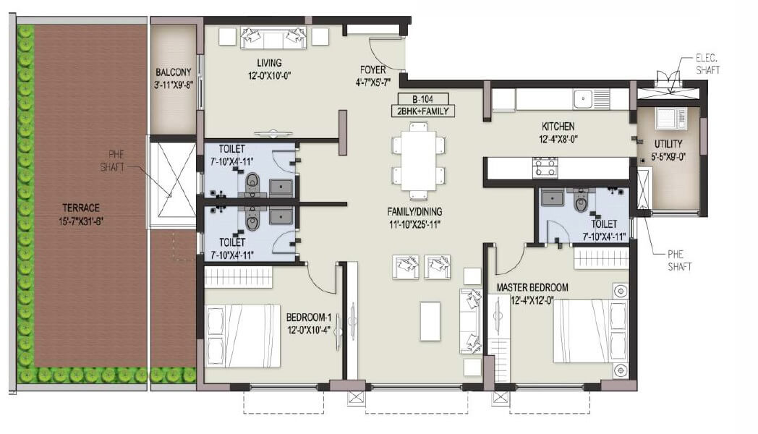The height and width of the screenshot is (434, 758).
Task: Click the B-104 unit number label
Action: (x=422, y=98)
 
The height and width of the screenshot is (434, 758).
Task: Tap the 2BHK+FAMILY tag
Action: (x=422, y=111)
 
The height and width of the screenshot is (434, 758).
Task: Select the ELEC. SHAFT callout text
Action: (x=707, y=64)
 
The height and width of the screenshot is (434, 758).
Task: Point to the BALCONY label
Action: (x=174, y=72)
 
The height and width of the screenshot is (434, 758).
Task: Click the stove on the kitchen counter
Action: (x=545, y=168)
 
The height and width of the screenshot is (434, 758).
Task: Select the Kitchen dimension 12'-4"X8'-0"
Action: (x=556, y=138)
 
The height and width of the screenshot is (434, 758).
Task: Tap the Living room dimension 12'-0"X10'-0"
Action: (x=268, y=75)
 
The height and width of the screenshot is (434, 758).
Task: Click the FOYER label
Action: (x=373, y=70)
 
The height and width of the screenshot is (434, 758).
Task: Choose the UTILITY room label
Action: (x=668, y=144)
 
